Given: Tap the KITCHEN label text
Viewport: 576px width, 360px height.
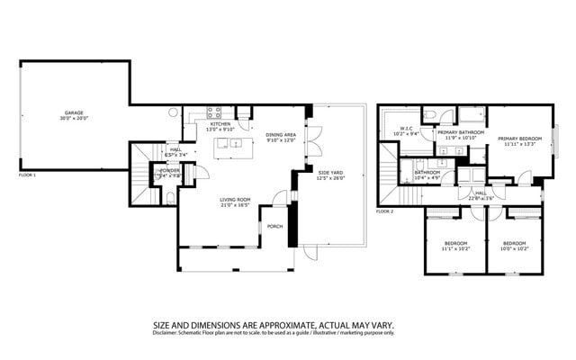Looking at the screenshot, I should pos(222,124).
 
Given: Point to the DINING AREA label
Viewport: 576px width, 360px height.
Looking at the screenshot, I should pos(281,136).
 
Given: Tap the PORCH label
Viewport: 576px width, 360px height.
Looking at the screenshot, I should pos(274,226).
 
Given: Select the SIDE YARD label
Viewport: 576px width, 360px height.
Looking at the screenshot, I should pos(330,171).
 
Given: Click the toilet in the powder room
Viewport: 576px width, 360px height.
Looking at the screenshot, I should pos(170,196).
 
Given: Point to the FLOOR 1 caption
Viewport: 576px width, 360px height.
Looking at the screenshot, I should pos(27,175).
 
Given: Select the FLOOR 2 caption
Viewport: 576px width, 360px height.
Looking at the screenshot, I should pos(385,211).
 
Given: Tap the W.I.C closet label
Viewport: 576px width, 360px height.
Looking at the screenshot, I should pos(406,128).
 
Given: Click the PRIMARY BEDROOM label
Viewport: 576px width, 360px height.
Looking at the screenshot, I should pos(519,139).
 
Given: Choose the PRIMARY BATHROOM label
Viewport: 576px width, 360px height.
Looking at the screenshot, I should pos(461,132).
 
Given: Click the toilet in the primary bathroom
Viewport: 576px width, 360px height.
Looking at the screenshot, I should pos(433,114).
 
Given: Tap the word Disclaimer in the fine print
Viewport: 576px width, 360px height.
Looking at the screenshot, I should pos(166,333).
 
